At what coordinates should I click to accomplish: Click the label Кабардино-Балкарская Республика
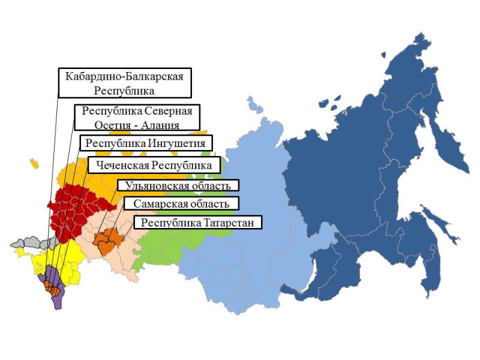[125, 83]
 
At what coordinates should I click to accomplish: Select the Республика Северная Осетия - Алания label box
[137, 118]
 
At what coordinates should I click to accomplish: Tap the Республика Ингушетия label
[146, 144]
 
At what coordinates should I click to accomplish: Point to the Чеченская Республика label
[154, 165]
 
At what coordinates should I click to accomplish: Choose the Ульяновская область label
[178, 186]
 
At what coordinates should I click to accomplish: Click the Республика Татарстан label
[198, 223]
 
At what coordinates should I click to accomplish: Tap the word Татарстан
[231, 223]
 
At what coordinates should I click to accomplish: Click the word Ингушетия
[178, 144]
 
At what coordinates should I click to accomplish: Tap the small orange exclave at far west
[35, 163]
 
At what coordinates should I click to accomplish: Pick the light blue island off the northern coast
[255, 106]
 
